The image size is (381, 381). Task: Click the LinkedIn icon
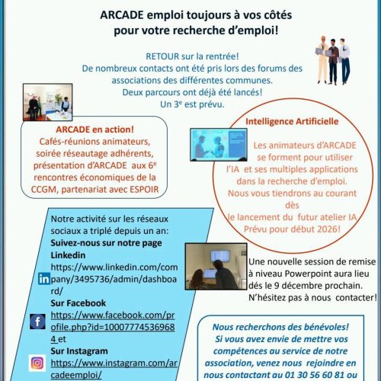click(x=43, y=279)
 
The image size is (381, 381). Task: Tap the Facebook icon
click(x=38, y=320)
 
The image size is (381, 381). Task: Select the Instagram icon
click(x=37, y=363)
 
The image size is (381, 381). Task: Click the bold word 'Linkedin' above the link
click(x=69, y=255)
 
